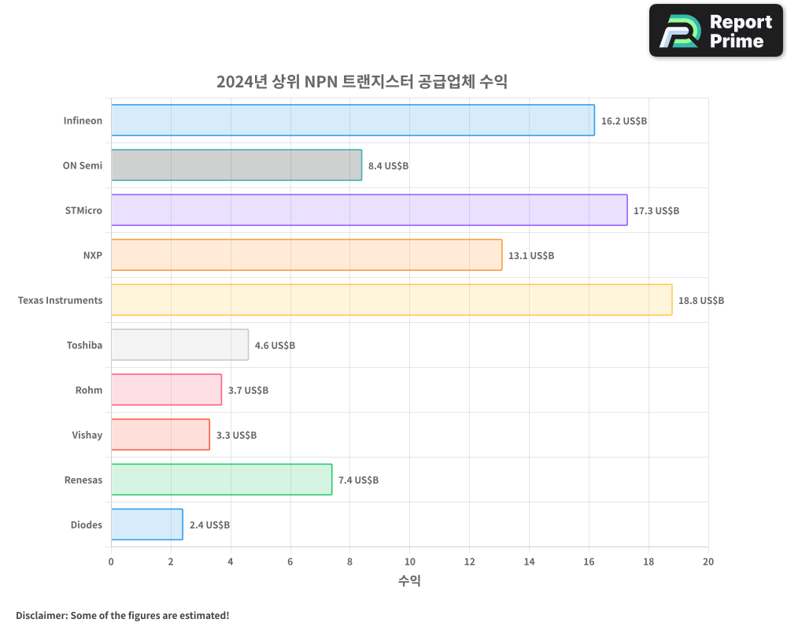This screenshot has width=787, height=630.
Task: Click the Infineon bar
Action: pos(353,120)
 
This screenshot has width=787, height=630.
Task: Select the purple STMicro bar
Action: pos(369,210)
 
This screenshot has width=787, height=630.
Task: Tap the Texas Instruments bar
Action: pos(391,300)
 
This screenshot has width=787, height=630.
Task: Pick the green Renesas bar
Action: pos(221,480)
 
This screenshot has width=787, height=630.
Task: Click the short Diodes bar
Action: pos(146,524)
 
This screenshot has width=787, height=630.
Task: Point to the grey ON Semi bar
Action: pos(236,165)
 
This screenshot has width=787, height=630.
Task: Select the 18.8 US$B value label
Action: pos(700,301)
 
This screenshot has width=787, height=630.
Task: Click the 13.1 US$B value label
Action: pos(531,256)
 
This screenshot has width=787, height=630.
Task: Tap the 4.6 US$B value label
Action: pos(275,346)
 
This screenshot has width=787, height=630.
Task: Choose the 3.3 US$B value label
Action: pos(236,435)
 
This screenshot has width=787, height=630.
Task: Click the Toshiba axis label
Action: pos(84,346)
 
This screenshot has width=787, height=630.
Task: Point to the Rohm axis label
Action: pos(89,391)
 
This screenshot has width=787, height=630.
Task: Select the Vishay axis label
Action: pos(87,435)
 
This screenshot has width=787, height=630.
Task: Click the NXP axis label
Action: pos(92,256)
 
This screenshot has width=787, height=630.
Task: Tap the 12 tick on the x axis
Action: pos(469,561)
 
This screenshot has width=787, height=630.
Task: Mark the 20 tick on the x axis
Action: pos(708,561)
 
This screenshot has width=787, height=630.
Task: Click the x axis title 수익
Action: pos(409,581)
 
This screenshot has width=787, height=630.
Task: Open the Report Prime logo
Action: pos(716,31)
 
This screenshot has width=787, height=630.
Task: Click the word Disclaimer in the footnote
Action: pos(41,616)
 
